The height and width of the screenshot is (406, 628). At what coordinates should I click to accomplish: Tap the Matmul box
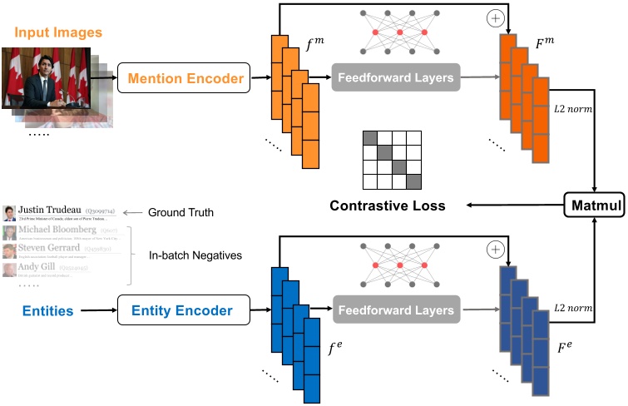[594, 205]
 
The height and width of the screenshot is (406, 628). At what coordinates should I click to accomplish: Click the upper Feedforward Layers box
[394, 79]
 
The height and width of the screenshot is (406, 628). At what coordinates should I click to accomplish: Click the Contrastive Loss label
[388, 205]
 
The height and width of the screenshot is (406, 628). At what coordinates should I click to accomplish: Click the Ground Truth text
[180, 212]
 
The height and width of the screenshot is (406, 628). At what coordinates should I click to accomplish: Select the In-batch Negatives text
[196, 255]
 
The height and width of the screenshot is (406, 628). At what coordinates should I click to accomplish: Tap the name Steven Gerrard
[49, 248]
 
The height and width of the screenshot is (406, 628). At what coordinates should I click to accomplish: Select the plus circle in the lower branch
[496, 249]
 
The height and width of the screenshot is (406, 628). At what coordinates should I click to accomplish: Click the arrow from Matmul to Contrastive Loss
[515, 205]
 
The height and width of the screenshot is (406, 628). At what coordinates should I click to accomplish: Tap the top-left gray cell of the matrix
[369, 138]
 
